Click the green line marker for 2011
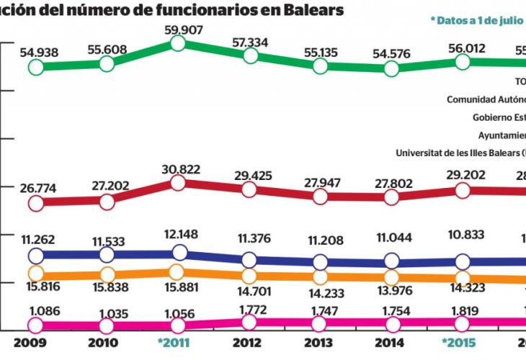[178, 44]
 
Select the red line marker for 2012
[249, 189]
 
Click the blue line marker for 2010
[107, 254]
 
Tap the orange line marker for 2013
[320, 276]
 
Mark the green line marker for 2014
[391, 68]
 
